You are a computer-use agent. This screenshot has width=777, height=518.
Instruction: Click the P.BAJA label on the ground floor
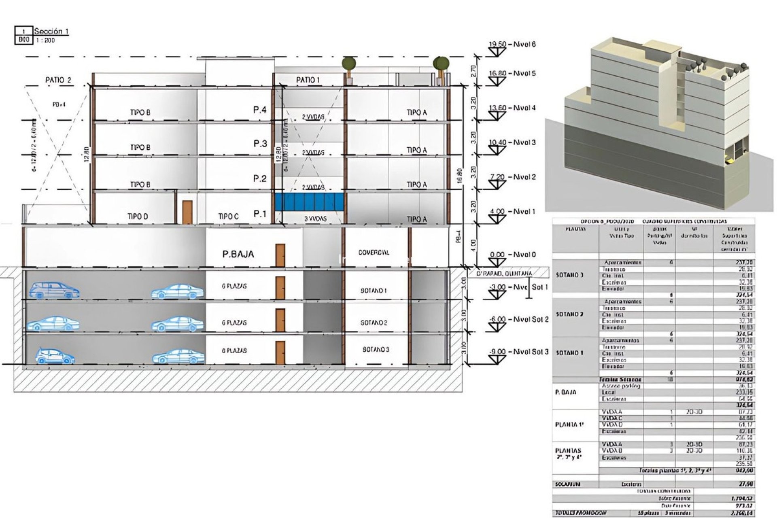point(238,254)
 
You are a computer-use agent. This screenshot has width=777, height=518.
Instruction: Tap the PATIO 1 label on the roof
point(308,80)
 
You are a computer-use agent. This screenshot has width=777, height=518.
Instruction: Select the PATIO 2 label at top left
point(58,80)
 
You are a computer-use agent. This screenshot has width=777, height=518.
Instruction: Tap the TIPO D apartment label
point(138,217)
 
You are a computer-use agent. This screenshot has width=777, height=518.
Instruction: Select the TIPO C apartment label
point(228,217)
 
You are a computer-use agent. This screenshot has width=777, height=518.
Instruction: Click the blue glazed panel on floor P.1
point(310,201)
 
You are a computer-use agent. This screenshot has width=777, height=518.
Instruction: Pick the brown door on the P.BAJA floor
point(280,255)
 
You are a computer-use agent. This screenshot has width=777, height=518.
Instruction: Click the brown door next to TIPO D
point(187,212)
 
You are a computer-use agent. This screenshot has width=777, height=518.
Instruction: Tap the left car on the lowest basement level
point(55,356)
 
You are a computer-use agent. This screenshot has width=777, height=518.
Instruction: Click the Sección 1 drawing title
point(51,31)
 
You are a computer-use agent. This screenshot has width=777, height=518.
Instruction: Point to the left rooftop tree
point(349,64)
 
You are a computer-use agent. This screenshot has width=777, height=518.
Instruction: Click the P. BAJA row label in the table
point(566,392)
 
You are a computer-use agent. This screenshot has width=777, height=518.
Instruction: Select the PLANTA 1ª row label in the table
point(569,425)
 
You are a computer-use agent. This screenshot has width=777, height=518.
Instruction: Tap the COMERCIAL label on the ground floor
point(374,253)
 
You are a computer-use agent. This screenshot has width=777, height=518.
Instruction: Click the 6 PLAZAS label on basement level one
point(234,286)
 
